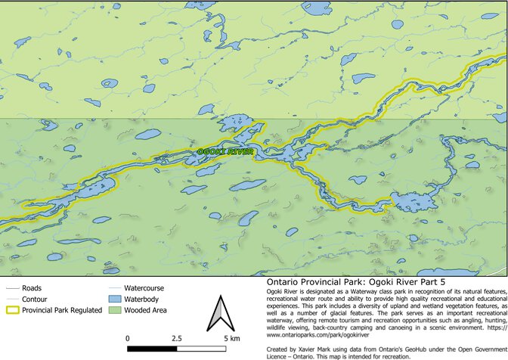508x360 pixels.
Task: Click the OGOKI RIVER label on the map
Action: [225, 152]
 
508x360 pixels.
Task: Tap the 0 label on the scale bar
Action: [128, 338]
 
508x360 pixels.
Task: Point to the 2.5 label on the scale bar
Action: [176, 338]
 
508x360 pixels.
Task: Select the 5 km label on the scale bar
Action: [231, 338]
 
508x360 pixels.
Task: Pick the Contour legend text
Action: [36, 299]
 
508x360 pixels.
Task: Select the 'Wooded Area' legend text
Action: [146, 309]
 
